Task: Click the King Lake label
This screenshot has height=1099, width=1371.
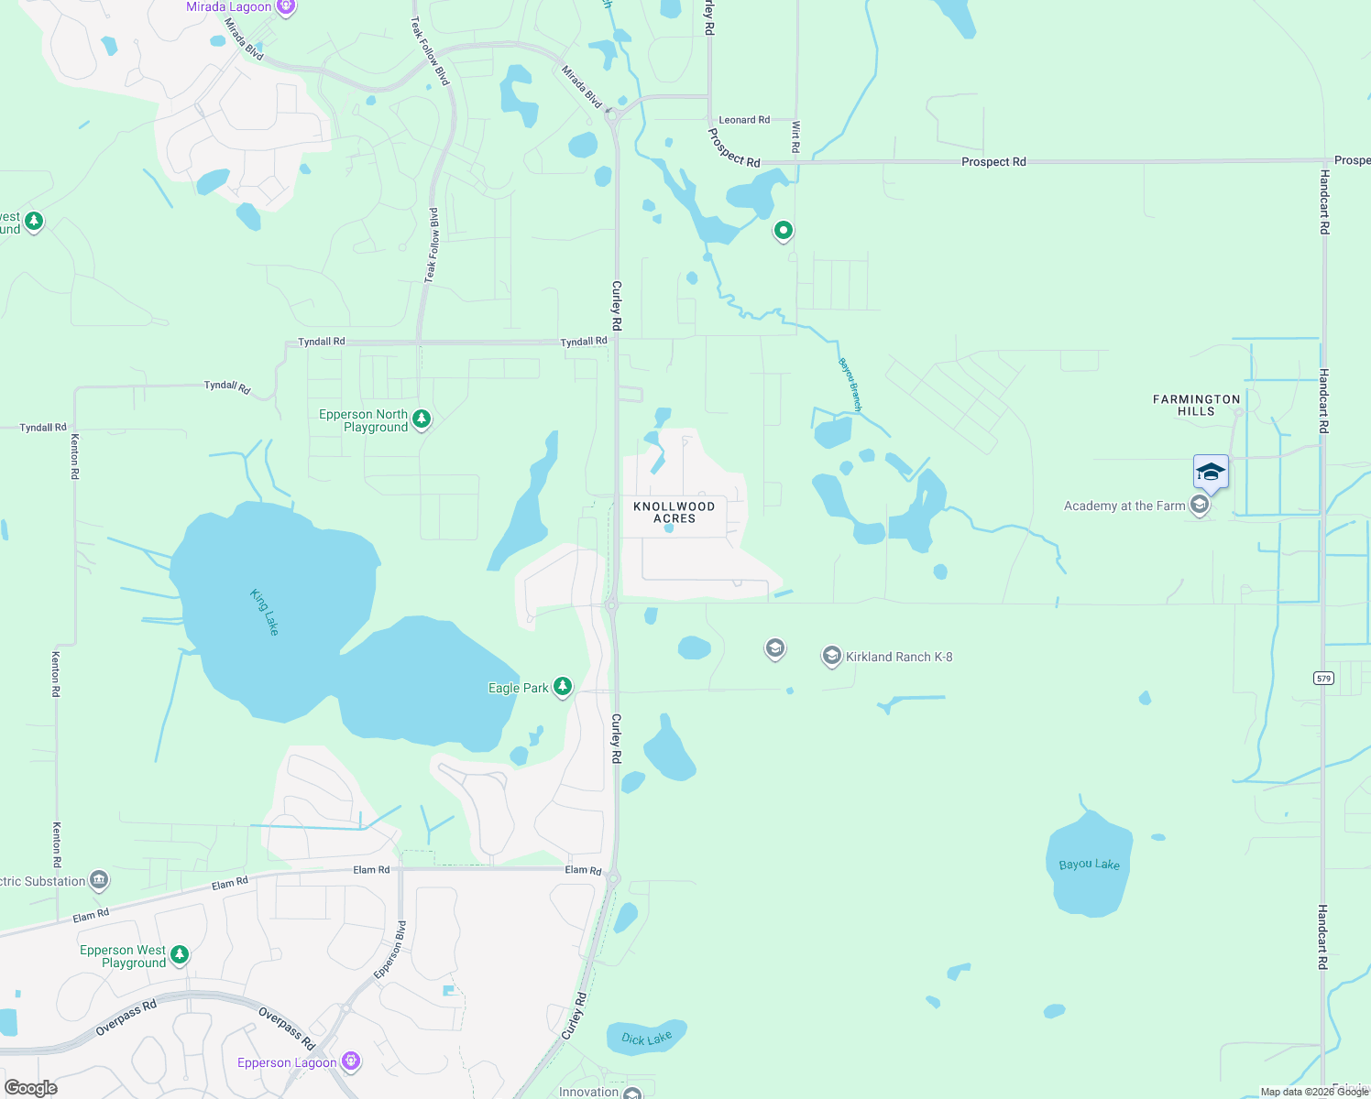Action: [264, 612]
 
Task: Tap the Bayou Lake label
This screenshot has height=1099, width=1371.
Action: [1089, 864]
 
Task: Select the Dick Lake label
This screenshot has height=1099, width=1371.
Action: [646, 1038]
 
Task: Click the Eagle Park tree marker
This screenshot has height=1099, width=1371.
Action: [563, 687]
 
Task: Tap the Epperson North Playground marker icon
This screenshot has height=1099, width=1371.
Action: [422, 419]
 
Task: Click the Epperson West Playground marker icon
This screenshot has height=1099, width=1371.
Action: [180, 954]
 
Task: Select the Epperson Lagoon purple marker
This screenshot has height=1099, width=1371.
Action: [350, 1061]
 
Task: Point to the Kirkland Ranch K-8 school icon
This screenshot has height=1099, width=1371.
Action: [831, 656]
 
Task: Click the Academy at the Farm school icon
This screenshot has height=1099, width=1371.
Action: [1199, 505]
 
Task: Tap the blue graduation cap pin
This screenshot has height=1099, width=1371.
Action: [1211, 473]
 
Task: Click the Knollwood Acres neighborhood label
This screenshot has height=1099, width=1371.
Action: [674, 512]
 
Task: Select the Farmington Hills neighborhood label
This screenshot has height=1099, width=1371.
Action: [1196, 405]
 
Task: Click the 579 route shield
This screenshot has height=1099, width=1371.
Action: [1322, 678]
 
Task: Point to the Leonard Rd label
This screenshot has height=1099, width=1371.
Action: [744, 120]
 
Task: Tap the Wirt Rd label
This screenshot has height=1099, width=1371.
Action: [795, 136]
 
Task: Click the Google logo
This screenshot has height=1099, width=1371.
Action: [30, 1087]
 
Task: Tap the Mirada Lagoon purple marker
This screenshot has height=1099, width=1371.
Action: [286, 7]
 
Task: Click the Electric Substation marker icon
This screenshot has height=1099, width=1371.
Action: [99, 880]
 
